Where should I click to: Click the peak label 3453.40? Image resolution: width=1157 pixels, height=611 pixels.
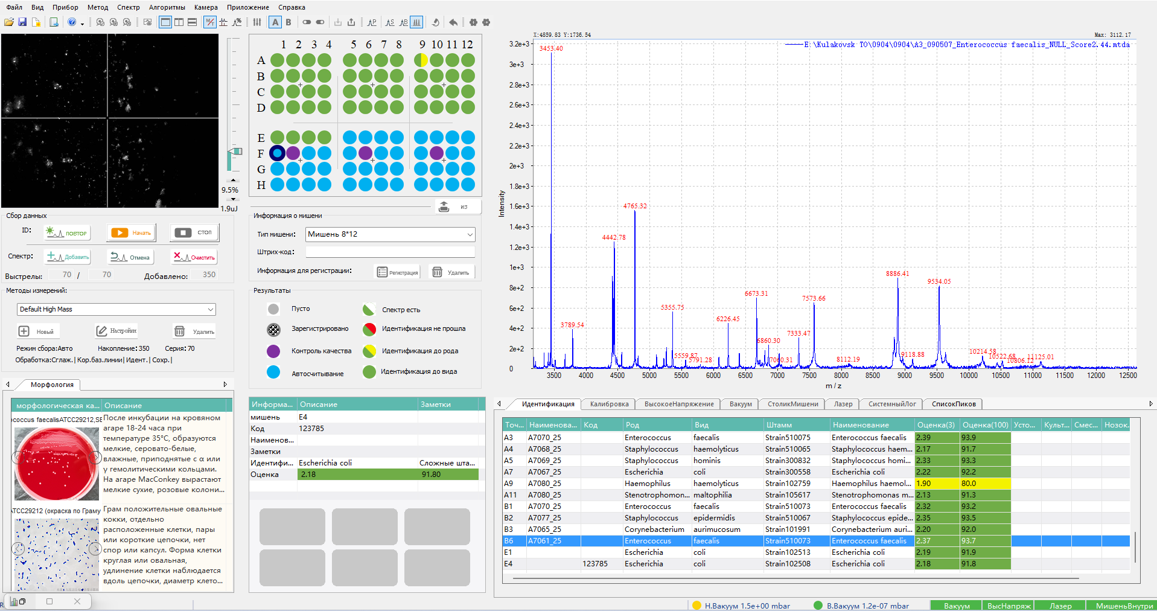[x=550, y=48]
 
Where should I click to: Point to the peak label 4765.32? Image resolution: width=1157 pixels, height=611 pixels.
[x=634, y=206]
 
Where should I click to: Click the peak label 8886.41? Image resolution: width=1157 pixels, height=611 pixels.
[x=897, y=274]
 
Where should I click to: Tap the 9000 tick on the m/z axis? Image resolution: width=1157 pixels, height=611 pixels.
[x=904, y=376]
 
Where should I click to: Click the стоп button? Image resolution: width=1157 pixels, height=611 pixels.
[x=194, y=232]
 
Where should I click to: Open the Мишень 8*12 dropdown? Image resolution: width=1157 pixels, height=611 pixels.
[x=390, y=234]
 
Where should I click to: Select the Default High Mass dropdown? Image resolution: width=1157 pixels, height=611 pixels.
[x=116, y=309]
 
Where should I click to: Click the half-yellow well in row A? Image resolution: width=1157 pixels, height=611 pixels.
[x=421, y=60]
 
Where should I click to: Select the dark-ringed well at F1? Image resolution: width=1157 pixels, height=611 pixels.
[x=277, y=153]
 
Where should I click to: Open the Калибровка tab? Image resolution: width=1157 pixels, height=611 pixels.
[x=609, y=404]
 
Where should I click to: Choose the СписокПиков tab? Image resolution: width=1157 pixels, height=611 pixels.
[x=953, y=404]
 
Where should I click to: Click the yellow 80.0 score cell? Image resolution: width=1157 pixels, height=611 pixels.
[x=984, y=484]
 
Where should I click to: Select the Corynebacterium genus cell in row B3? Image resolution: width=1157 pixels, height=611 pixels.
[x=654, y=529]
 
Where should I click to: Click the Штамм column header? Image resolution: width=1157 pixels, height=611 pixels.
[x=779, y=425]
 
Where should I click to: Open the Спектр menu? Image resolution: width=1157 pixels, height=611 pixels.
[x=128, y=7]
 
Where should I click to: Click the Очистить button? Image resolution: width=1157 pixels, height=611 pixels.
[x=194, y=257]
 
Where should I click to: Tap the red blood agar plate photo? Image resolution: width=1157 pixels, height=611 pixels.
[x=56, y=464]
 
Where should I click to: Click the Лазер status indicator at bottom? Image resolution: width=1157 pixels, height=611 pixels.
[x=1060, y=606]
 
